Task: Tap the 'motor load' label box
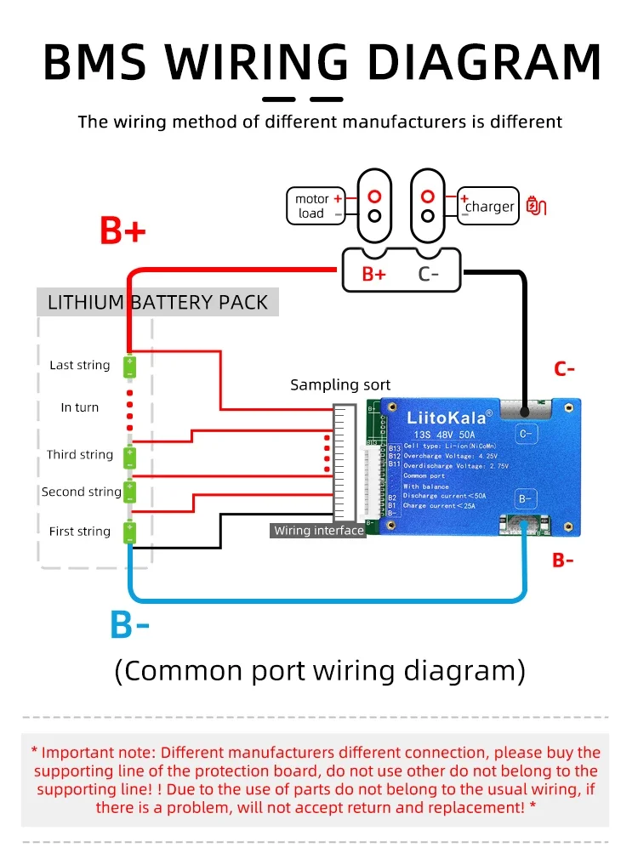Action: [315, 206]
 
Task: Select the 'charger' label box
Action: [488, 206]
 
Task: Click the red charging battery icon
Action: [537, 205]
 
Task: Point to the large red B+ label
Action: [123, 231]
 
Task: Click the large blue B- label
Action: [129, 625]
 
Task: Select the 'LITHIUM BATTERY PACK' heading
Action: [157, 303]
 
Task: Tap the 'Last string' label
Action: [80, 365]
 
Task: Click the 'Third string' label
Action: [80, 454]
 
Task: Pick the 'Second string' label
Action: [82, 492]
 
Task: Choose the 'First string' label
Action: [80, 532]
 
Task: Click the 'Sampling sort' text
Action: [340, 385]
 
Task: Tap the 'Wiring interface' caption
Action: [319, 531]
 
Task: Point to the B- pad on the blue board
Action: [526, 498]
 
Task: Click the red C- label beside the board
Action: [565, 369]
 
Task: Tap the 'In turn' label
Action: [80, 407]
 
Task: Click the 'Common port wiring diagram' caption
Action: [319, 671]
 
